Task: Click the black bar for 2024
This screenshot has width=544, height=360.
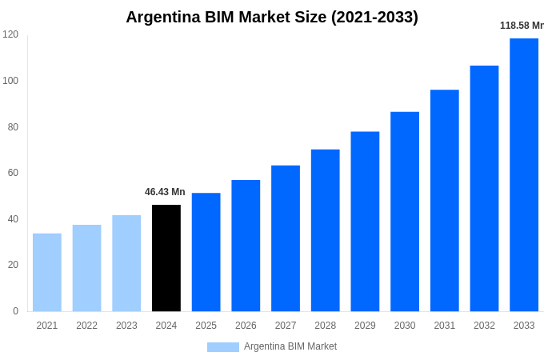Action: point(166,258)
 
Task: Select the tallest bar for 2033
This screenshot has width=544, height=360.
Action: point(524,174)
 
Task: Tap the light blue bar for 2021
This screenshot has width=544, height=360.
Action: point(47,272)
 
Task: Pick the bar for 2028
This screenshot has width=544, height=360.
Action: point(325,230)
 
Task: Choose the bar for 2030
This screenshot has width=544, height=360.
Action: point(405,211)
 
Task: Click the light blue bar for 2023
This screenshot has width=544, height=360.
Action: point(126,263)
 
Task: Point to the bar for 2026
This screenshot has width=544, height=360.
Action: point(246,246)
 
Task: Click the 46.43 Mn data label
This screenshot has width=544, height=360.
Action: point(165,192)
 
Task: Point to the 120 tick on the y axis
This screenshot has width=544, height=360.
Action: point(10,34)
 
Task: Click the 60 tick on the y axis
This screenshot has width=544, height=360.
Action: point(13,173)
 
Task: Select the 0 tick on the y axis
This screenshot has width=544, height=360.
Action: point(15,311)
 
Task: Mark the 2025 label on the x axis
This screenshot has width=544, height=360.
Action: point(206,326)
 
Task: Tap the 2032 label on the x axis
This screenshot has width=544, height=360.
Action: point(484,326)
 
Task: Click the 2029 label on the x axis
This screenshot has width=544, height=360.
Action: point(365,326)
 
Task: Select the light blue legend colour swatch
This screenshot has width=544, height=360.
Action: point(222,347)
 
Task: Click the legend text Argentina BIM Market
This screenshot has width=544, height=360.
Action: point(290,346)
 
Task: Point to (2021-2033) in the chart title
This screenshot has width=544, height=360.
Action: point(374,17)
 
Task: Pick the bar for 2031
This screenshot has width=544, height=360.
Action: point(444,200)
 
